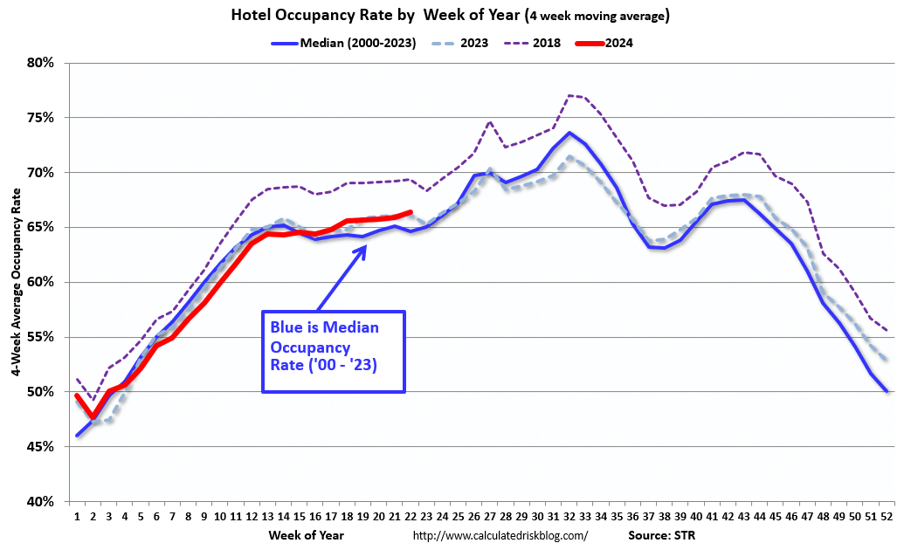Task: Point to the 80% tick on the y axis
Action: [41, 63]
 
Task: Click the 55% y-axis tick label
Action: [41, 337]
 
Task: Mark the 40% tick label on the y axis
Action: [41, 502]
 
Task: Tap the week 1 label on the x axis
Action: [77, 516]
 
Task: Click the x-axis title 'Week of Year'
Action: [307, 534]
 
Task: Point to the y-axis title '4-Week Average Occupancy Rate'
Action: [17, 281]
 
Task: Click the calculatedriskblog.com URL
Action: [500, 535]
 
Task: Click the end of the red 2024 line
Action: [411, 212]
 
